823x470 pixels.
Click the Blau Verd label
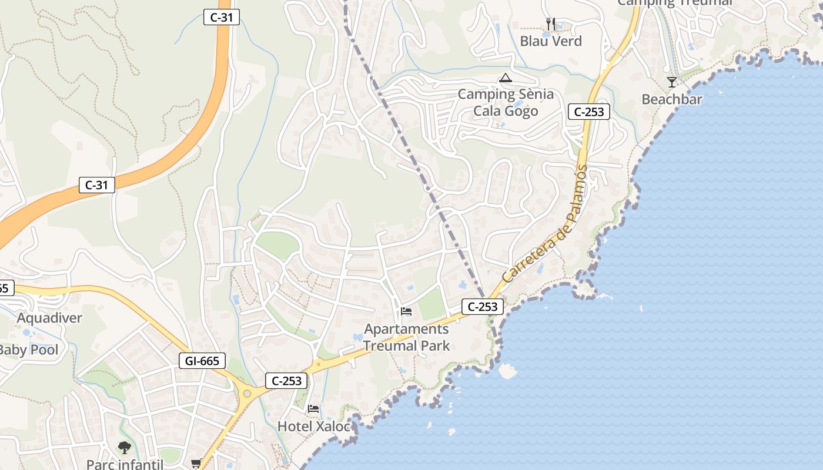point(551,41)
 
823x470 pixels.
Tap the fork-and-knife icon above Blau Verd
point(551,24)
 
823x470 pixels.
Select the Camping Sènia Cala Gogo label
point(506,102)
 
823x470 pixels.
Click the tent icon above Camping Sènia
point(506,78)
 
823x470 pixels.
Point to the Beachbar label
point(672,99)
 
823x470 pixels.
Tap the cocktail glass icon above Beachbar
point(672,82)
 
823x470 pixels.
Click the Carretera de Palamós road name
point(545,223)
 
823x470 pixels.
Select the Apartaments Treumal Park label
point(406,337)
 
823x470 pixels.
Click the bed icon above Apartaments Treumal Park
point(406,311)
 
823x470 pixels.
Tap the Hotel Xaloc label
point(314,426)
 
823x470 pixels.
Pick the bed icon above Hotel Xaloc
point(313,409)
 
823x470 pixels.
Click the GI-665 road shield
point(202,361)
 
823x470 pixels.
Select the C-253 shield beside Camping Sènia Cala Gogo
point(588,112)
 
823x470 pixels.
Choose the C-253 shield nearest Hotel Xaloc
point(287,381)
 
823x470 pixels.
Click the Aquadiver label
point(49,318)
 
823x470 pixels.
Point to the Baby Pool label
point(28,350)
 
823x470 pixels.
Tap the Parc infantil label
point(125,464)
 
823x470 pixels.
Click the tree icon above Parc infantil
point(124,448)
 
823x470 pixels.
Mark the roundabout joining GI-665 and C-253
point(247,393)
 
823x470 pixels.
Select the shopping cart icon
point(196,464)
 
